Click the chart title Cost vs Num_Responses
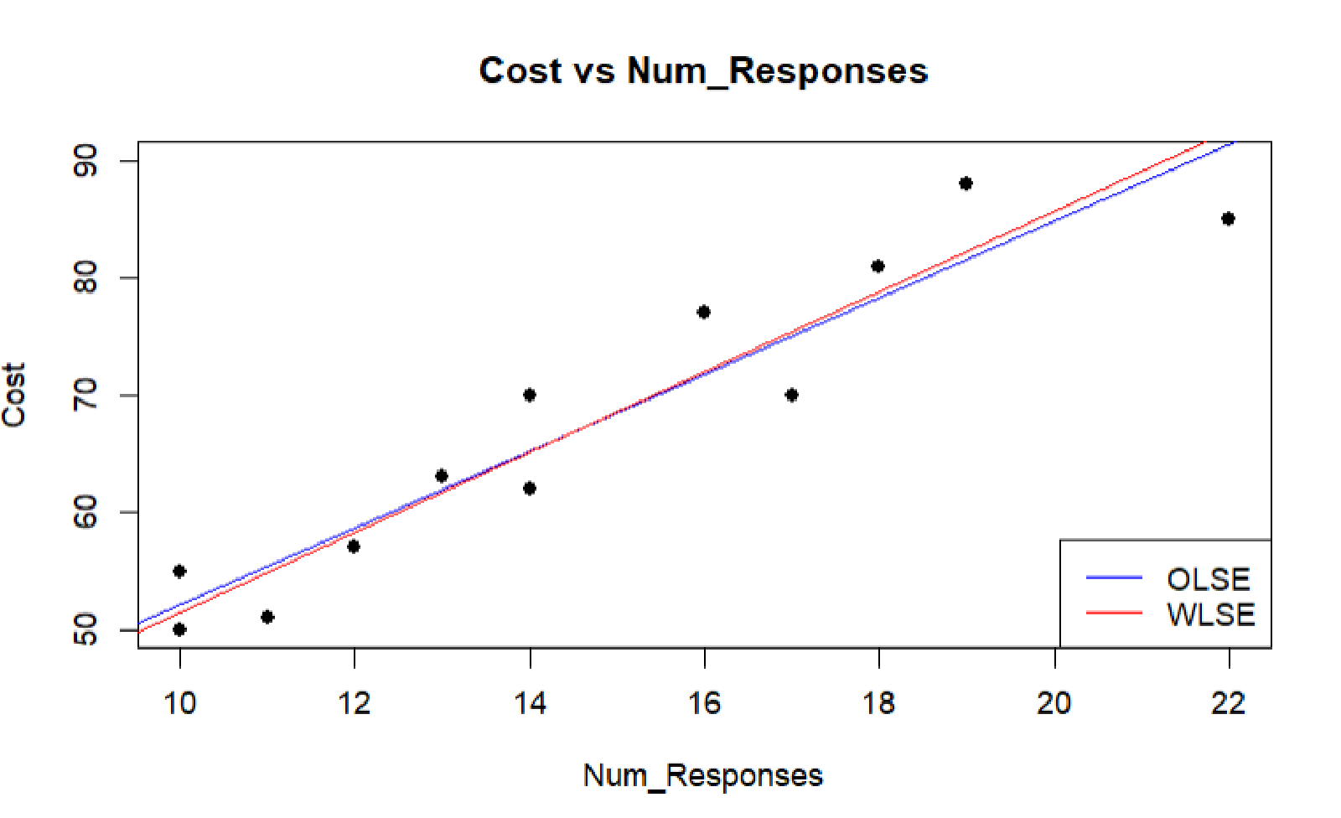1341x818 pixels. tap(703, 70)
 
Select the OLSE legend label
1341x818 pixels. tap(1208, 579)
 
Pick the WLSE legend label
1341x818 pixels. tap(1210, 615)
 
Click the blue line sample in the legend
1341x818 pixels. tap(1114, 577)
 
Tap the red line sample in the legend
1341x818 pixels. tap(1114, 613)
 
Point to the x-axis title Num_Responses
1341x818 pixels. tap(702, 775)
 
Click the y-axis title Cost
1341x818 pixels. tap(14, 395)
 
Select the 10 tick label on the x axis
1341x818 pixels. tap(179, 703)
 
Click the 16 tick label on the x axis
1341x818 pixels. tap(704, 703)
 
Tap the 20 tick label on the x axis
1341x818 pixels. tap(1054, 703)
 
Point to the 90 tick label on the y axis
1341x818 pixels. tap(85, 160)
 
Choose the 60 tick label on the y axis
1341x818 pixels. tap(85, 512)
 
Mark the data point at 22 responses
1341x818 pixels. tap(1228, 219)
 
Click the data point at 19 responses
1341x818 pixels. tap(966, 184)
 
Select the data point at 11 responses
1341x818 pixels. tap(267, 617)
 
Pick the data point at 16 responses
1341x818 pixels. tap(703, 312)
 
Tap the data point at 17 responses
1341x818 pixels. tap(791, 395)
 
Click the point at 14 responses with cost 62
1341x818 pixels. tap(529, 488)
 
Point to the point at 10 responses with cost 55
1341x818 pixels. tap(179, 572)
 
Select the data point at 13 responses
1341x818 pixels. tap(442, 476)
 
